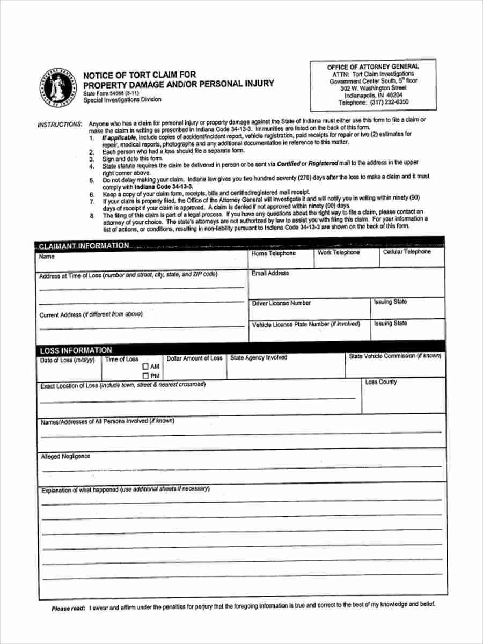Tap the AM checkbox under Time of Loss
[x=145, y=367]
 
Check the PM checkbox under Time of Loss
[x=145, y=376]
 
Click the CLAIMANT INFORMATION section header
[x=84, y=246]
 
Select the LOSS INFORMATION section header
[x=76, y=350]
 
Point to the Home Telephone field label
[x=274, y=253]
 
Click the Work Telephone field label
[x=339, y=252]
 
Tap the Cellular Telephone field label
[x=407, y=252]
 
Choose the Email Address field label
[x=270, y=273]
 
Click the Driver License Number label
[x=281, y=303]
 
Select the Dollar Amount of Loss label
[x=194, y=358]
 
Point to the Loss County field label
[x=381, y=382]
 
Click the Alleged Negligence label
[x=65, y=456]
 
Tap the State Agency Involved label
[x=259, y=357]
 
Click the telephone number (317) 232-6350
[x=389, y=102]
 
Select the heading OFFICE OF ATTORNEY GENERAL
[x=374, y=67]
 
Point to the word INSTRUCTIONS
[x=60, y=125]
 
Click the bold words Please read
[x=68, y=609]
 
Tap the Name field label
[x=46, y=257]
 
